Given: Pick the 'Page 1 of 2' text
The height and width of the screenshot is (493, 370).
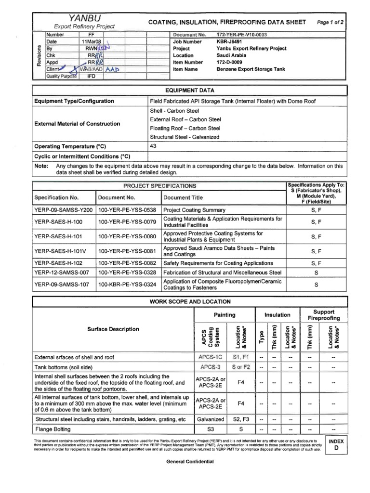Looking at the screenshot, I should click(x=333, y=23).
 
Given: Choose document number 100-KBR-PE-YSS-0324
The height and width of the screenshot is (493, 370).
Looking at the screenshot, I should click(x=127, y=285).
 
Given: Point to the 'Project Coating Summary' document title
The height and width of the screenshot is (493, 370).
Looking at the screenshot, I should click(x=194, y=210).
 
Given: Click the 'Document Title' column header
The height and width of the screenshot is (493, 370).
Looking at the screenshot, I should click(x=184, y=197).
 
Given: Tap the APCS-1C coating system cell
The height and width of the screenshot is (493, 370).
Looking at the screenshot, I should click(x=208, y=357).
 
